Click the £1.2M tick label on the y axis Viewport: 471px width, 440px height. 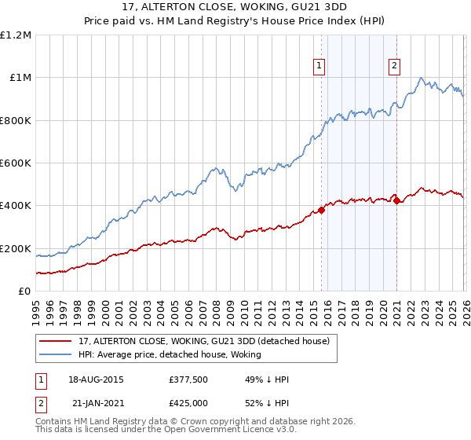click(x=16, y=35)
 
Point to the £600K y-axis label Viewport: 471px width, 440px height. click(x=16, y=163)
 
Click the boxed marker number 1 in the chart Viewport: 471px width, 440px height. click(x=320, y=67)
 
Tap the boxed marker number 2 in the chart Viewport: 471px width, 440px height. click(x=393, y=67)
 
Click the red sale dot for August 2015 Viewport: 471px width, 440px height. click(x=321, y=210)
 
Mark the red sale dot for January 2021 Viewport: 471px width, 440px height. click(x=396, y=200)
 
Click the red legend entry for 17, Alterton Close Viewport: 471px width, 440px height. click(x=208, y=341)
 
